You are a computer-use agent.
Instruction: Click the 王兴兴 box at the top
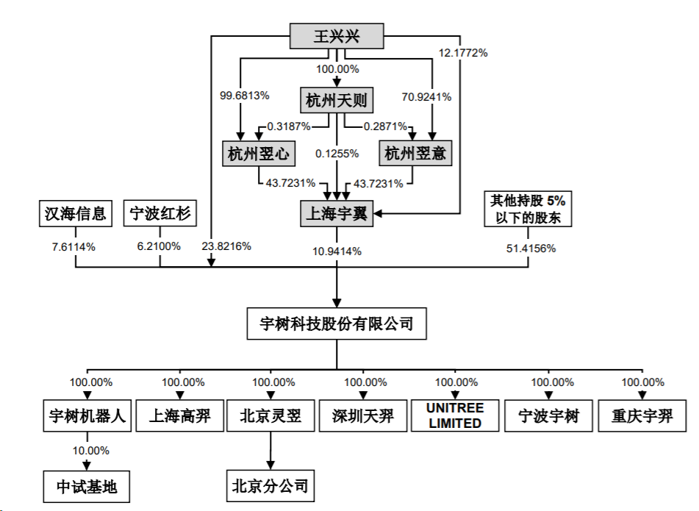(x=337, y=35)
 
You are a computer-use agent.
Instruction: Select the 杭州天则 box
(x=337, y=101)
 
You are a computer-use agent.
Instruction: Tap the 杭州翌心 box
(x=257, y=154)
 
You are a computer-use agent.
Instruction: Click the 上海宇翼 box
(x=337, y=215)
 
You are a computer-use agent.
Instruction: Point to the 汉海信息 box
(x=75, y=214)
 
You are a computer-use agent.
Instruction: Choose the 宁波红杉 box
(x=160, y=214)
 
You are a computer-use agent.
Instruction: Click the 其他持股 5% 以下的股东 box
(x=528, y=209)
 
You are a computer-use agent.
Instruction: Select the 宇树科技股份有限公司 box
(x=337, y=324)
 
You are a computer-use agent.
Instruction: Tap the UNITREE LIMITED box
(x=456, y=416)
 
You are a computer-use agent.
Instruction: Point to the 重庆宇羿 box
(x=642, y=416)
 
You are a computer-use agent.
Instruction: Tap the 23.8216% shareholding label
(x=226, y=247)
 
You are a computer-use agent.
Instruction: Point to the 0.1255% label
(x=337, y=154)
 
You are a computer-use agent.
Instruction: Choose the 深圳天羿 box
(x=363, y=416)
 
